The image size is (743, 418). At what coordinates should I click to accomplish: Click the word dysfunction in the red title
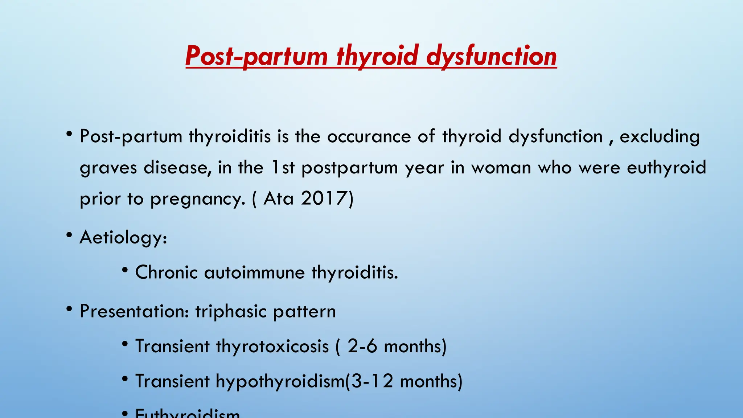491,56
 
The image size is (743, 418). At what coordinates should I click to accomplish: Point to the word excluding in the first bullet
660,137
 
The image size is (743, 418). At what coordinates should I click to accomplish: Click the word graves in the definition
108,168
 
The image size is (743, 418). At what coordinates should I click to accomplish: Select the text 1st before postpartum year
283,168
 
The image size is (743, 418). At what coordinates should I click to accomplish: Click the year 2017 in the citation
324,199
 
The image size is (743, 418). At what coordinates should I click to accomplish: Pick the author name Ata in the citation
278,199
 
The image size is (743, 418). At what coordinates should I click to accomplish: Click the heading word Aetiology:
123,238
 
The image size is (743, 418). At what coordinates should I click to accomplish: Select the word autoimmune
254,272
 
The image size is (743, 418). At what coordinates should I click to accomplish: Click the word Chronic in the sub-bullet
166,272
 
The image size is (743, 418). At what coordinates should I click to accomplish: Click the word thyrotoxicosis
272,346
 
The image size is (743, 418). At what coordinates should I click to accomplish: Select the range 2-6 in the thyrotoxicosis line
362,346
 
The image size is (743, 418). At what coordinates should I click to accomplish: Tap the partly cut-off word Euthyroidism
187,414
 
